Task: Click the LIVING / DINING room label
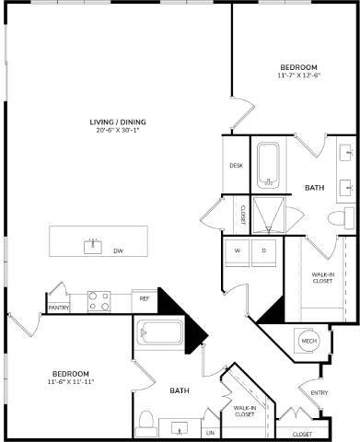[x=118, y=122]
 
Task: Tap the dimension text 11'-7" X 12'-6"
[x=299, y=76]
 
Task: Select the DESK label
[x=236, y=166]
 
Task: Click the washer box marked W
[x=237, y=250]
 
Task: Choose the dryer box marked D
[x=263, y=250]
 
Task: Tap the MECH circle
[x=309, y=342]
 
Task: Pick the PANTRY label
[x=59, y=308]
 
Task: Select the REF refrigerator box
[x=145, y=299]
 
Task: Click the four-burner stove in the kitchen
[x=99, y=300]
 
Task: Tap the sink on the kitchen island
[x=92, y=245]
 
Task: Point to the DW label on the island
[x=118, y=250]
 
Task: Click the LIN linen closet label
[x=210, y=431]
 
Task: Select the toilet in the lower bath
[x=145, y=422]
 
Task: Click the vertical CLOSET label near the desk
[x=243, y=213]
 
